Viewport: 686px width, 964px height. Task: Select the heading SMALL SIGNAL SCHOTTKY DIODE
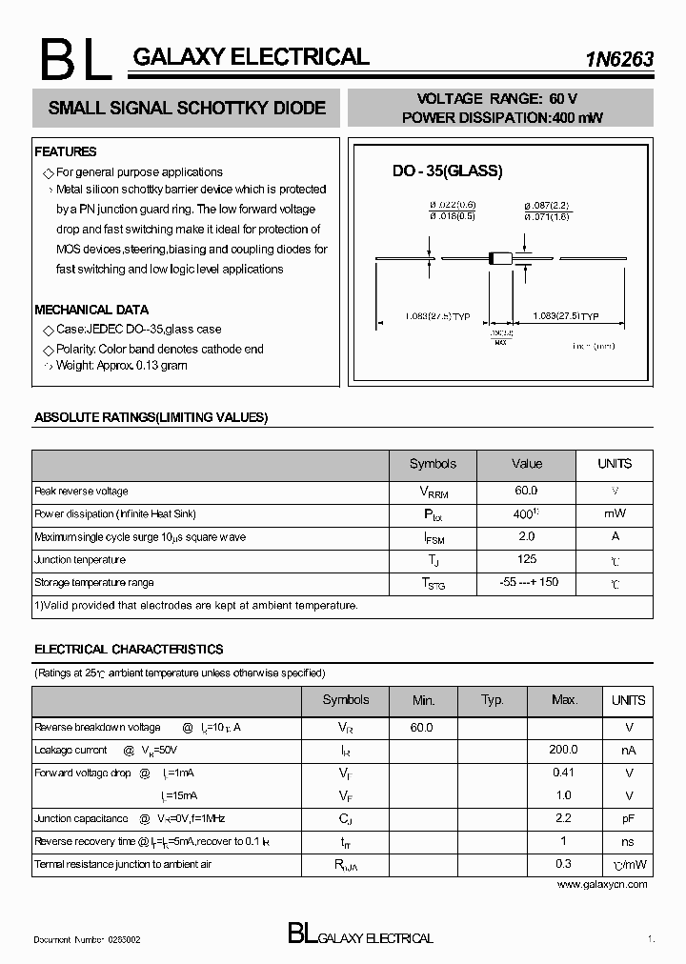[187, 109]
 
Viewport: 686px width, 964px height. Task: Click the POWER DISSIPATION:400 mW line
[501, 117]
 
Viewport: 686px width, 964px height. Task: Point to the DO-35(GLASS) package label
[447, 171]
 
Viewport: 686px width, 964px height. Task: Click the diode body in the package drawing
[500, 257]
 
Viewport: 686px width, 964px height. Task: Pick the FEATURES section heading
[66, 151]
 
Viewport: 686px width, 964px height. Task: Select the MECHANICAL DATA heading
[91, 310]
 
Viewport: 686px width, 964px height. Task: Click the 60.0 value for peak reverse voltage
[526, 491]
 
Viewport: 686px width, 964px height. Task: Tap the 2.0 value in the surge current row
[526, 536]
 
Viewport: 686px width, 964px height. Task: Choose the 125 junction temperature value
[526, 559]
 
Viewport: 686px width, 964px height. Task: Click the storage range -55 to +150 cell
[528, 582]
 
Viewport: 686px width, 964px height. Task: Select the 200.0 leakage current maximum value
[563, 750]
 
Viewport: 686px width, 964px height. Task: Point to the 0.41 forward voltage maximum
[563, 773]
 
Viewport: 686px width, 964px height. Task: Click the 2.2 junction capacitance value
[563, 818]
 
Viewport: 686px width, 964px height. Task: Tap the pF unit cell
[629, 818]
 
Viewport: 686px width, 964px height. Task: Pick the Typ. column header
[492, 700]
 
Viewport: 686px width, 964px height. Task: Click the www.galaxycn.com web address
[601, 884]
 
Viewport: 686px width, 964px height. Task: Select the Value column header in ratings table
[527, 464]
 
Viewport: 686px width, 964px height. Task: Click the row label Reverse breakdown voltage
[97, 727]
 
